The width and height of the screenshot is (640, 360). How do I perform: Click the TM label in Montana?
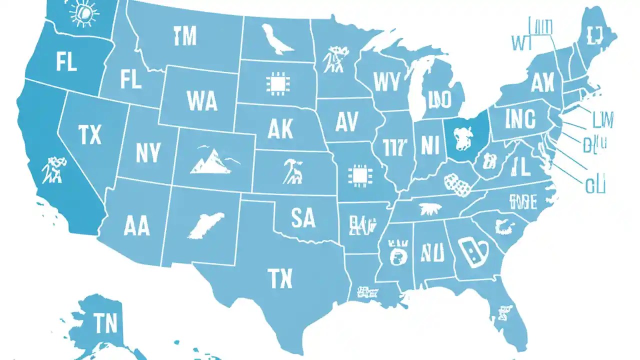pos(185,35)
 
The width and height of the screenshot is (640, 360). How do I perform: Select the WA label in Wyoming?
pos(202,100)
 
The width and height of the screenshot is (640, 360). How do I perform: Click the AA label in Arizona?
pos(136,226)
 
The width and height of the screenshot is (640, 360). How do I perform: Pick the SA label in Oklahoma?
pos(302,218)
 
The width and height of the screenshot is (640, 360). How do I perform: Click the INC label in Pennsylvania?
pos(520,120)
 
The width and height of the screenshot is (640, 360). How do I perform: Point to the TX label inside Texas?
pos(280,278)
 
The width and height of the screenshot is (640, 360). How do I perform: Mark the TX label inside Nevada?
pos(90,134)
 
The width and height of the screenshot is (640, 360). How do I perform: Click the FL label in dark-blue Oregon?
pos(66,63)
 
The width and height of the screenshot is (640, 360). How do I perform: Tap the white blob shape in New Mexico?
pos(205,224)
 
